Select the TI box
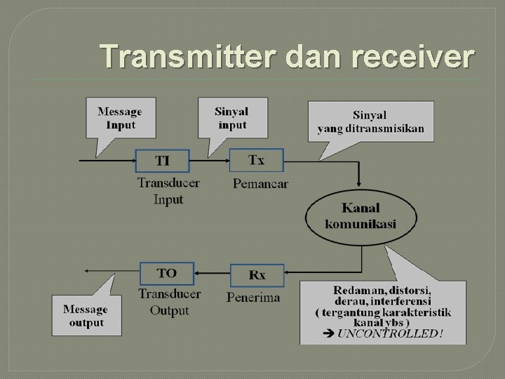[162, 161]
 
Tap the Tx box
[257, 160]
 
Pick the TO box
[167, 273]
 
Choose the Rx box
[257, 274]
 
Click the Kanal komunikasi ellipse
[361, 215]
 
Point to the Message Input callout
[119, 118]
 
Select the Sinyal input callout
[231, 118]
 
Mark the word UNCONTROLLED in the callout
[390, 333]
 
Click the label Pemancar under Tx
[260, 184]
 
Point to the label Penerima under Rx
[253, 297]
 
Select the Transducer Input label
[168, 191]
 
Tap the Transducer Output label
[169, 302]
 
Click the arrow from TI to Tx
[209, 161]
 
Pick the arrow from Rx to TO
[212, 273]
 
